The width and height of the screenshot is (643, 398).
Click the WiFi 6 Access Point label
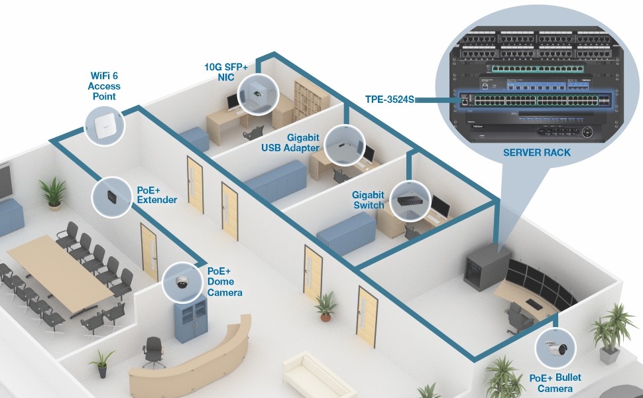(103, 86)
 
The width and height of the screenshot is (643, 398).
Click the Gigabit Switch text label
(368, 200)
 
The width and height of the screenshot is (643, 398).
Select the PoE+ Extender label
(156, 194)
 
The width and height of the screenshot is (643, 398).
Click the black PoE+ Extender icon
(111, 196)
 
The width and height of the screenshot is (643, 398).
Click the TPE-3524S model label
(389, 99)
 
